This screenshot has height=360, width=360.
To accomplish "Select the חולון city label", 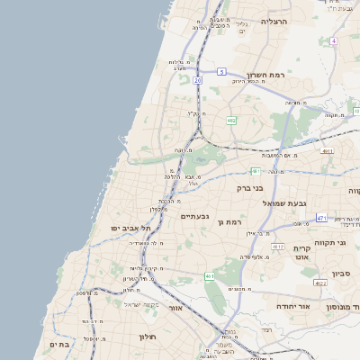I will click(148, 337).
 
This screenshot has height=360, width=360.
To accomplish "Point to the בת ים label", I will click(59, 344).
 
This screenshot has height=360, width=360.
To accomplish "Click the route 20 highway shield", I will click(197, 80).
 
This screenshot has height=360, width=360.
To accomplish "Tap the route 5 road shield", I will click(220, 71).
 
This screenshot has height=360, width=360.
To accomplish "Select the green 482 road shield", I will click(231, 120).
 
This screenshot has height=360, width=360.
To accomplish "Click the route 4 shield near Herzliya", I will click(333, 41).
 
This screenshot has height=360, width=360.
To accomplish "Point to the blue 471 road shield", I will click(321, 219).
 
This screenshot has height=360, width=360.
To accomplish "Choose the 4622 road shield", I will click(320, 283).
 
